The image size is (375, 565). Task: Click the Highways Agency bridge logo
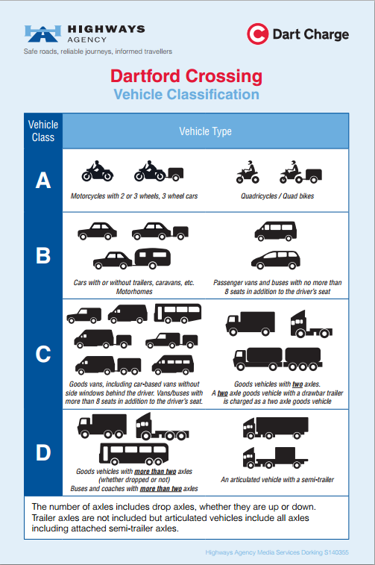[x=42, y=34]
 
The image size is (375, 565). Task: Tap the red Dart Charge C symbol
[x=257, y=34]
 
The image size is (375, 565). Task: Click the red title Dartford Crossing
[x=186, y=76]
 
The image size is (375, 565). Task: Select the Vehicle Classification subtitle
[x=186, y=94]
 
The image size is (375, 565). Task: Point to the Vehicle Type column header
[x=206, y=131]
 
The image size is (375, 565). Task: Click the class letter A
[x=43, y=180]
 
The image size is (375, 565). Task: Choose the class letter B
[x=43, y=255]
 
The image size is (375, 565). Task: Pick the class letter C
[x=43, y=354]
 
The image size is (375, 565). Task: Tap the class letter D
[x=43, y=452]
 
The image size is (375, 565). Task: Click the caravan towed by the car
[x=153, y=258]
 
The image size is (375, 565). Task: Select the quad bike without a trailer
[x=248, y=172]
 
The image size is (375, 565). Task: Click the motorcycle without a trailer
[x=97, y=171]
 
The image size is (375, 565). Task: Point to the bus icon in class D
[x=134, y=454]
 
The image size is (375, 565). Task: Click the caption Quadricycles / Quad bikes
[x=277, y=196]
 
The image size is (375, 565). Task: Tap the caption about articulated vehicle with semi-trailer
[x=277, y=480]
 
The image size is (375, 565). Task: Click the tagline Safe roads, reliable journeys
[x=98, y=51]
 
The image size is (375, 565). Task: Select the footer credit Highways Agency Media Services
[x=277, y=552]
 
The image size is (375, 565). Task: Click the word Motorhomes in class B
[x=134, y=292]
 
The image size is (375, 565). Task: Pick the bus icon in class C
[x=177, y=313]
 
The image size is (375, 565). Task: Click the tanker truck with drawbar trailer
[x=277, y=359]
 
